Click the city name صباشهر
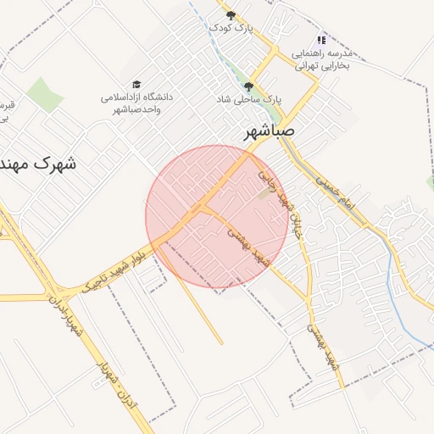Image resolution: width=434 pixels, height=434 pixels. pyautogui.click(x=270, y=133)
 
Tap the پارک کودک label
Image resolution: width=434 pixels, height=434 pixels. pyautogui.click(x=232, y=28)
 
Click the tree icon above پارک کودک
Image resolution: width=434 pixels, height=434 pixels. pyautogui.click(x=231, y=14)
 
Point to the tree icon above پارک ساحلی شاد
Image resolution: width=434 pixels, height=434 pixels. pyautogui.click(x=248, y=86)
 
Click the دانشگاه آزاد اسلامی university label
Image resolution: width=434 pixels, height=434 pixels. pyautogui.click(x=136, y=103)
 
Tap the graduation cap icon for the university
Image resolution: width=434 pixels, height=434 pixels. pyautogui.click(x=136, y=85)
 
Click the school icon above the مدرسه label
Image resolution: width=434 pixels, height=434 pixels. pyautogui.click(x=321, y=40)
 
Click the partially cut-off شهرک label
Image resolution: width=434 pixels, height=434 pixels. pyautogui.click(x=39, y=163)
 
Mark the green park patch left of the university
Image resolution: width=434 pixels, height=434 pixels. pyautogui.click(x=44, y=94)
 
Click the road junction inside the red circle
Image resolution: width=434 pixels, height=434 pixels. pyautogui.click(x=204, y=208)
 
